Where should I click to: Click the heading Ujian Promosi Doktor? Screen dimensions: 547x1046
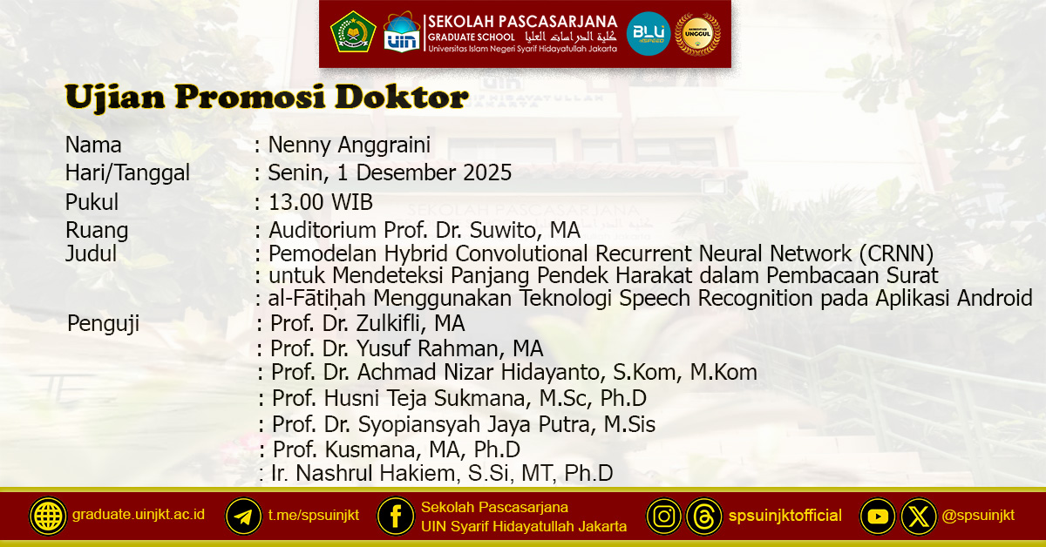(x=266, y=98)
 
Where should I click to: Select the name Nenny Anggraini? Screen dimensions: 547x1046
(x=350, y=145)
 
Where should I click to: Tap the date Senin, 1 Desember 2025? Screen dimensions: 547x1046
(x=390, y=173)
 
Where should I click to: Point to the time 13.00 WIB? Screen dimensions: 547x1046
(x=321, y=203)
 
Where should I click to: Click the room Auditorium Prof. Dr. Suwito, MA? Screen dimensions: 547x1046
(x=425, y=231)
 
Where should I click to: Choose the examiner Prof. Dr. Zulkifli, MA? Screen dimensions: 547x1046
(x=367, y=323)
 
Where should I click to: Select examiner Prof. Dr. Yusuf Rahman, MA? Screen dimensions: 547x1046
(x=406, y=348)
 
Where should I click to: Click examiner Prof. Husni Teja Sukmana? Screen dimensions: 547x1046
(x=459, y=399)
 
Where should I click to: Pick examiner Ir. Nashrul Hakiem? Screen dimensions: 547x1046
(x=442, y=473)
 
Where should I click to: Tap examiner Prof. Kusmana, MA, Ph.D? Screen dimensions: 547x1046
(x=397, y=449)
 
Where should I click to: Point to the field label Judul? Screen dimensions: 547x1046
(x=91, y=254)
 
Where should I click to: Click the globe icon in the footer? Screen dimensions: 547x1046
(x=48, y=516)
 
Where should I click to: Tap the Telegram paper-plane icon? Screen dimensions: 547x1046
(x=243, y=516)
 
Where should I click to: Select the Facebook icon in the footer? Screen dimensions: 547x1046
(x=396, y=516)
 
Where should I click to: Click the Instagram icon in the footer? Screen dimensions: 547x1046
(x=664, y=516)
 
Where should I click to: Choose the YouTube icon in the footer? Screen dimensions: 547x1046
(x=878, y=516)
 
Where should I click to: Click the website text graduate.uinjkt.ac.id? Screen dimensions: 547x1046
(x=139, y=515)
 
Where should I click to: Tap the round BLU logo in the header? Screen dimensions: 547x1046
(x=649, y=34)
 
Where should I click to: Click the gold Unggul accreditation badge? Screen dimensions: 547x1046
(x=698, y=34)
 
